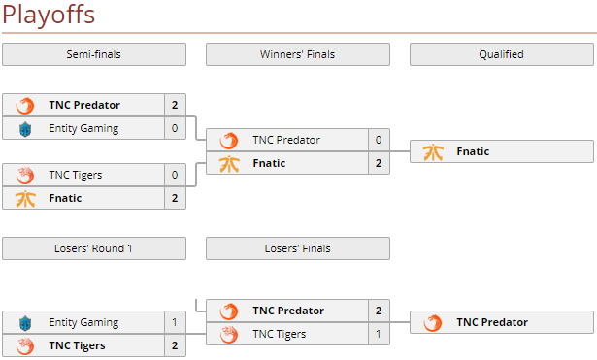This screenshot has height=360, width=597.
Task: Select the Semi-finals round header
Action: (94, 54)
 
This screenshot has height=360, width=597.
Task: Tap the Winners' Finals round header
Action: (297, 54)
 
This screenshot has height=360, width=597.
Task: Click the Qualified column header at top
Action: (501, 54)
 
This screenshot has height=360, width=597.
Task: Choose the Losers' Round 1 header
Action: (94, 248)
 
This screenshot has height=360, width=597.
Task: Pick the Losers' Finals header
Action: (297, 248)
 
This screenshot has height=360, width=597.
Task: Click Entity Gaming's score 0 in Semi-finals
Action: (175, 128)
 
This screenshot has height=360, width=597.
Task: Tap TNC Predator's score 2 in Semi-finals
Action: (175, 105)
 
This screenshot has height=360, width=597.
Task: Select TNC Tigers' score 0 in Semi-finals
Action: (175, 175)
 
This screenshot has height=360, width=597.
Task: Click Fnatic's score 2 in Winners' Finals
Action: (379, 163)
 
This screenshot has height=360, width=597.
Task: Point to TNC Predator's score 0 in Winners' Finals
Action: (379, 140)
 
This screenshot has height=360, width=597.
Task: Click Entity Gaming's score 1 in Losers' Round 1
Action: (175, 322)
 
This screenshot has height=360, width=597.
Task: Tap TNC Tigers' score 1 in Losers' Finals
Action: (379, 334)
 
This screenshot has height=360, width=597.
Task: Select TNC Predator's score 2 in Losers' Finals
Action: (379, 311)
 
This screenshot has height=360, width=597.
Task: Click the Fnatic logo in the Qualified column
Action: (433, 151)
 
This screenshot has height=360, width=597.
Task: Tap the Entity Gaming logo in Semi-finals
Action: (26, 128)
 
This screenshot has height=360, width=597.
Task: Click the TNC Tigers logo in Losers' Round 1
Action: (26, 345)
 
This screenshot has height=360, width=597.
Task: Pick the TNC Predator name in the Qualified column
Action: (492, 322)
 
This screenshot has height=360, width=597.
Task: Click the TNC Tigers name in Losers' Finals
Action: (280, 334)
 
